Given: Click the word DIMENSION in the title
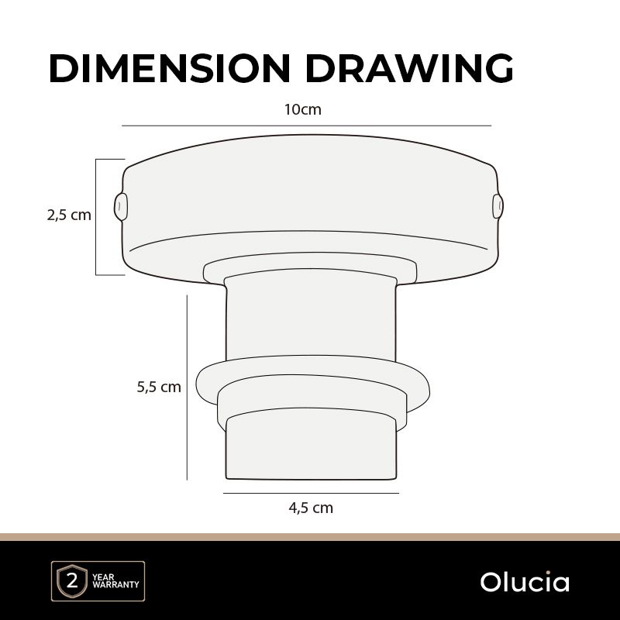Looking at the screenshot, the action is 170,68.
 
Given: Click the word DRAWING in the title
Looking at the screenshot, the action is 409,68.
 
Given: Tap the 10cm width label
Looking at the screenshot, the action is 303,109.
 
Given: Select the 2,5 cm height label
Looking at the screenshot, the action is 69,215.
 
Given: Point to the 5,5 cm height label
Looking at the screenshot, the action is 159,387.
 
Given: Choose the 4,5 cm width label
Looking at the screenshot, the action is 311,508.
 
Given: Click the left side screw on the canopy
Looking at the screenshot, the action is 121,207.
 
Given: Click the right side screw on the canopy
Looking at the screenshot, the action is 498,206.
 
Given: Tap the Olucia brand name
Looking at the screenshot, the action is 525,582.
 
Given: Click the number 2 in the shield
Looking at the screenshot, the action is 72,582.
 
